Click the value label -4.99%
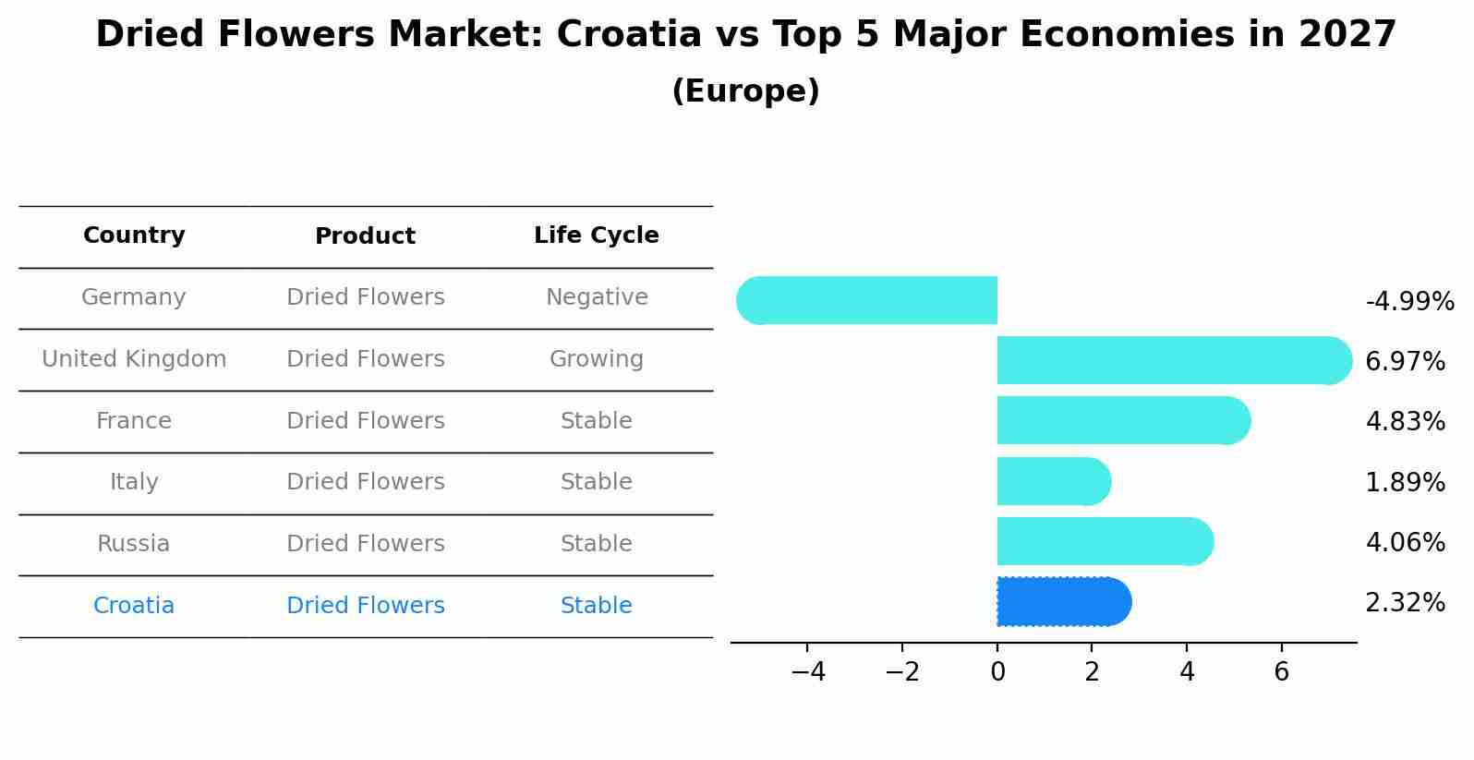pos(1409,302)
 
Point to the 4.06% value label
pos(1405,542)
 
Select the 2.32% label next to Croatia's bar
pos(1405,603)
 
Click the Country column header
pos(134,235)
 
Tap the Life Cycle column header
pos(596,235)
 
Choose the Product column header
pos(365,236)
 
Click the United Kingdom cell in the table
pos(134,359)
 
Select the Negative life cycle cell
pos(597,297)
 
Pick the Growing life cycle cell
pos(597,359)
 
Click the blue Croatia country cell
pos(134,606)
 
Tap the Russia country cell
pos(134,544)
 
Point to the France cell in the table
pos(134,421)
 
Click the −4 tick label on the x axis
pos(807,672)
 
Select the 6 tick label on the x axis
pos(1281,672)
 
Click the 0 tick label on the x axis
pos(997,672)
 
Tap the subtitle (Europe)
pos(745,91)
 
